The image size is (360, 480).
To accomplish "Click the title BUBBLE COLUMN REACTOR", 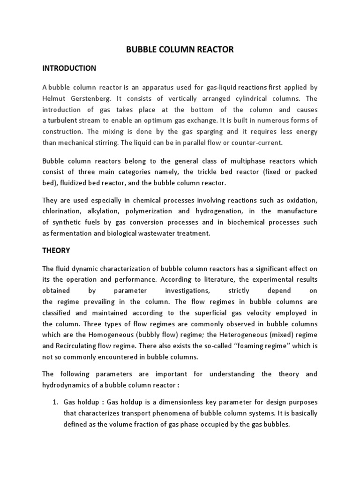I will [180, 49].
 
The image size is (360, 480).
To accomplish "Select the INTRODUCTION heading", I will [69, 68].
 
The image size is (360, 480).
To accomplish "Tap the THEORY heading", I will [56, 251].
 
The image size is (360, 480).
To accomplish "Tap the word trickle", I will [216, 172].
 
